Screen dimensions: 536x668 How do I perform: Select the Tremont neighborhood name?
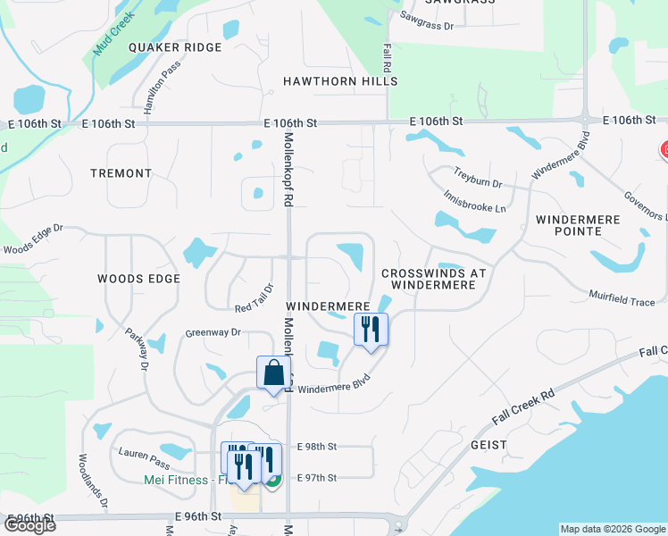coord(121,173)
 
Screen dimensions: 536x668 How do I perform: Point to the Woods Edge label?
coord(139,279)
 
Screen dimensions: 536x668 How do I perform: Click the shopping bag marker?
coord(274,373)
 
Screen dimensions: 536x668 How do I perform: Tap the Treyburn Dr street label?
coord(478,177)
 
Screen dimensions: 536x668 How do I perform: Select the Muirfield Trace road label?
coord(622,297)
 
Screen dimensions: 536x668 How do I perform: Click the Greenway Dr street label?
coord(213,332)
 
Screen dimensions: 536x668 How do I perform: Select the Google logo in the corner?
coord(29,525)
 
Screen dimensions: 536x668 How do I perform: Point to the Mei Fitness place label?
coord(175,480)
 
